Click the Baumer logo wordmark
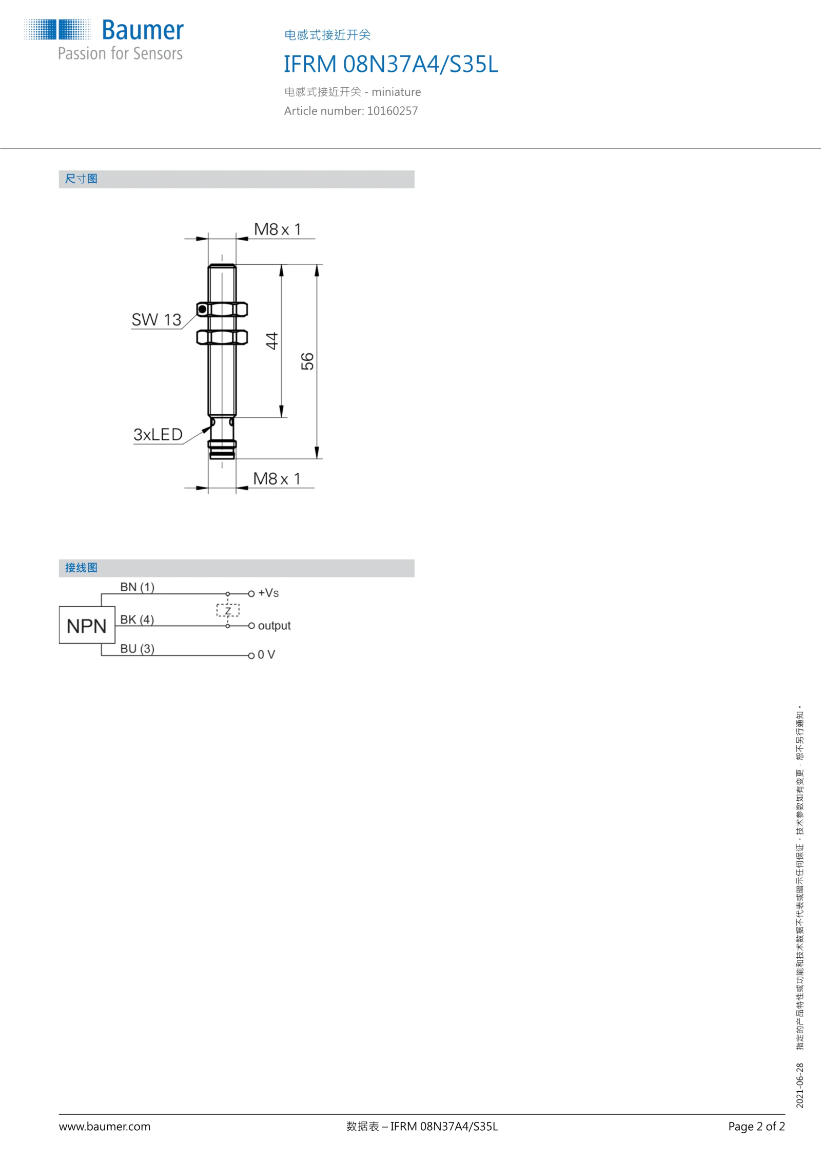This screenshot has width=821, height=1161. point(143,30)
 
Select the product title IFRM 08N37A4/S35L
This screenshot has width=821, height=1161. point(391,64)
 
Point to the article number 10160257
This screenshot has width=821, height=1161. point(392,111)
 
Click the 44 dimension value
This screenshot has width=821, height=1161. point(271,341)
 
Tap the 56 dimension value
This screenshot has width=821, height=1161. point(307,361)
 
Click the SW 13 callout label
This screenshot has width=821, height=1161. point(157,320)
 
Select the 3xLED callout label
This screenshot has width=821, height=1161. point(158,435)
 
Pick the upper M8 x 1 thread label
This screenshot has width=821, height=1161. point(278,229)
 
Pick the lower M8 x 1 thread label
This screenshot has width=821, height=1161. point(277,479)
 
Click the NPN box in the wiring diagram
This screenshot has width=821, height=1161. point(87,625)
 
